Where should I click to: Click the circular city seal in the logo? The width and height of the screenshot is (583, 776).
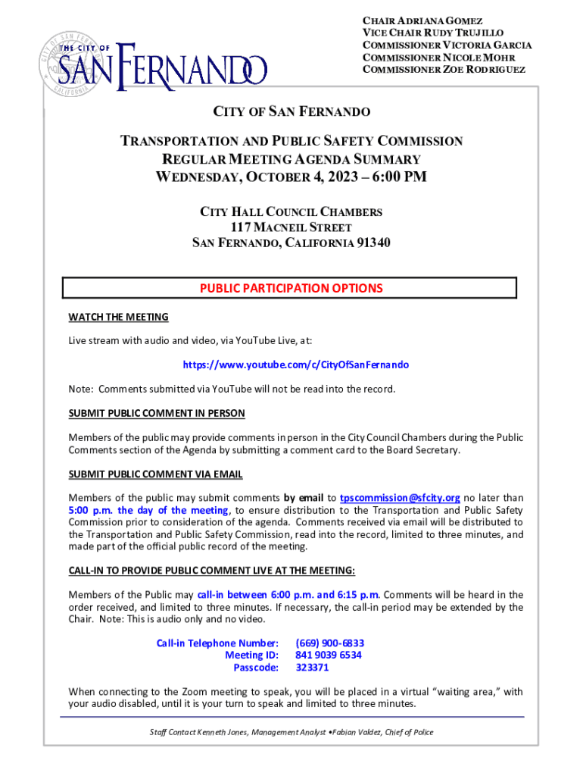click(67, 60)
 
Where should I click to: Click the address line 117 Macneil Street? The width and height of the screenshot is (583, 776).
click(291, 227)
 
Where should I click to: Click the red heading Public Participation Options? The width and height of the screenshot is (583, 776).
click(291, 289)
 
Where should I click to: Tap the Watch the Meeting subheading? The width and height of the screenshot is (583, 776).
click(118, 317)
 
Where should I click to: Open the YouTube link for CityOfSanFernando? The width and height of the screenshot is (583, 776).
click(295, 365)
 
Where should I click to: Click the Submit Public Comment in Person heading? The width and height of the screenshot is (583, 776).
click(157, 413)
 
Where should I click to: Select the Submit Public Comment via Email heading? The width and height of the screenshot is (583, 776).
click(155, 474)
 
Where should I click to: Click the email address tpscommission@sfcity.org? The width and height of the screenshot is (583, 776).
click(400, 498)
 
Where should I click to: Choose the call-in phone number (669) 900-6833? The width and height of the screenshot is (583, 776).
click(329, 643)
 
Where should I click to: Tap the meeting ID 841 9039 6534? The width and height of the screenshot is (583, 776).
click(328, 656)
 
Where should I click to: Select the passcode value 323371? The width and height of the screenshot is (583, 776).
click(312, 668)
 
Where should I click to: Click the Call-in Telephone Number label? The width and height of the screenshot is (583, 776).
click(217, 643)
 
